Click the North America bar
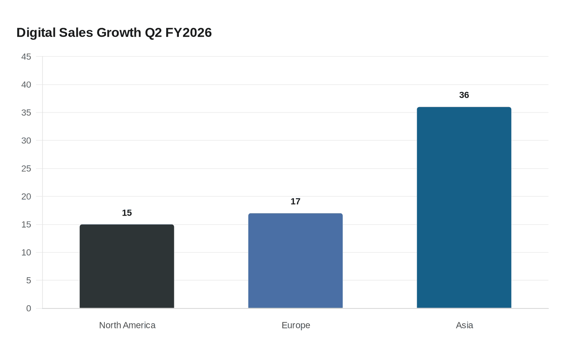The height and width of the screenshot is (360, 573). pyautogui.click(x=127, y=266)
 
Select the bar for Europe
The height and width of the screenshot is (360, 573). pyautogui.click(x=296, y=261)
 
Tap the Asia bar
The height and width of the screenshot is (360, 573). pyautogui.click(x=464, y=207)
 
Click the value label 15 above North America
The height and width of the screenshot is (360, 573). pyautogui.click(x=127, y=213)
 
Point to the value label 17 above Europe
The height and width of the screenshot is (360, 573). pyautogui.click(x=296, y=201)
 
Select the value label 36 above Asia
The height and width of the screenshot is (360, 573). pyautogui.click(x=464, y=95)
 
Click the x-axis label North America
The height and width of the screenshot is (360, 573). pyautogui.click(x=127, y=325)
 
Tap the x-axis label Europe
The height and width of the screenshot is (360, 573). pyautogui.click(x=296, y=325)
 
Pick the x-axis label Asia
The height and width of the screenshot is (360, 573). pyautogui.click(x=464, y=325)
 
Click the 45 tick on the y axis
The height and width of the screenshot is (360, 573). pyautogui.click(x=26, y=57)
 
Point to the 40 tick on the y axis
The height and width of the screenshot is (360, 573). pyautogui.click(x=26, y=85)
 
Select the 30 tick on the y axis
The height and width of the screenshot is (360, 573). pyautogui.click(x=26, y=141)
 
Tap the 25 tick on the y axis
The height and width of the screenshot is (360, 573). pyautogui.click(x=26, y=169)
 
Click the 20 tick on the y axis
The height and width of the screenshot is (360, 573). pyautogui.click(x=26, y=197)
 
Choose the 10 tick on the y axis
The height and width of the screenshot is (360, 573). pyautogui.click(x=26, y=252)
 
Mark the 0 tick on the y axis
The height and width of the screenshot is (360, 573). pyautogui.click(x=29, y=308)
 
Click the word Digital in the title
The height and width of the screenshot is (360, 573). pyautogui.click(x=36, y=33)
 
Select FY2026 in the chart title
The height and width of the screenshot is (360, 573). pyautogui.click(x=188, y=33)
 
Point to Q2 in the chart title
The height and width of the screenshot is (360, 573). pyautogui.click(x=153, y=33)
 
